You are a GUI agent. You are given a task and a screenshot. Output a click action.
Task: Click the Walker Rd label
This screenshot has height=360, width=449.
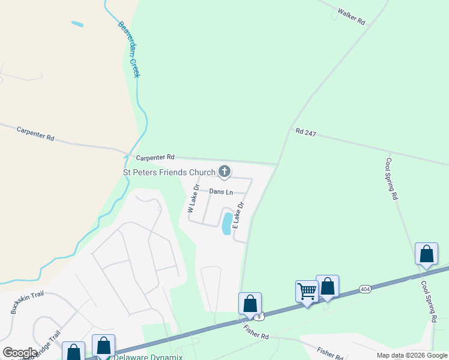click(x=351, y=16)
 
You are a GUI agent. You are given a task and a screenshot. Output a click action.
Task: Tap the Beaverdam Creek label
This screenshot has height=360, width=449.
click(x=128, y=50)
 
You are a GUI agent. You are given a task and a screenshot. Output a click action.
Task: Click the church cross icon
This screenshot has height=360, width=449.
click(x=224, y=172)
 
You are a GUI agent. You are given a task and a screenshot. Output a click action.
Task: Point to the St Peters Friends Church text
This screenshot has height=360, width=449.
click(x=169, y=173)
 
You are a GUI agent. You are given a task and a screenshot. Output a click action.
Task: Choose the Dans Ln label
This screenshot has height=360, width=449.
click(x=220, y=191)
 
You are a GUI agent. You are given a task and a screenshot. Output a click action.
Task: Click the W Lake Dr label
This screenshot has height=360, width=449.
click(x=192, y=202)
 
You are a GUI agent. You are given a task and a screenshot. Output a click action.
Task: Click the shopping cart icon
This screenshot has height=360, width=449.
click(x=307, y=291)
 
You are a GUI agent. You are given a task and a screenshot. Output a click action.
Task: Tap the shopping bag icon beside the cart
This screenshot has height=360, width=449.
click(x=328, y=286)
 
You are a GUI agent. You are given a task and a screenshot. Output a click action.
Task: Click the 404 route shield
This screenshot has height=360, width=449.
click(x=364, y=289)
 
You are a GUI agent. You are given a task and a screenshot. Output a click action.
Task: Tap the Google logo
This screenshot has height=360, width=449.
click(x=20, y=353)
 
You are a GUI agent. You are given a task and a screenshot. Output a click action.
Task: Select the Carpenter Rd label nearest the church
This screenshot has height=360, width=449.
click(x=155, y=157)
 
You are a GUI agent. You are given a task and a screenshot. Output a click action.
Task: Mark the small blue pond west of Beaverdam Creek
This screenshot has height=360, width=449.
click(x=77, y=24)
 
